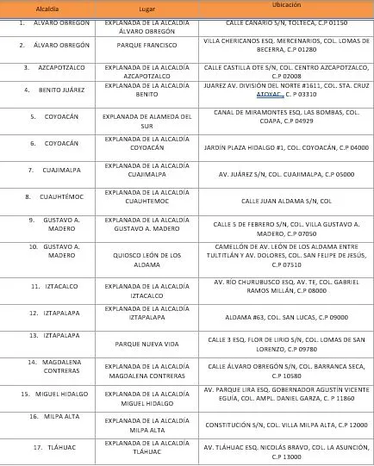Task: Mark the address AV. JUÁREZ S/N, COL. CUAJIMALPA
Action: (285, 173)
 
